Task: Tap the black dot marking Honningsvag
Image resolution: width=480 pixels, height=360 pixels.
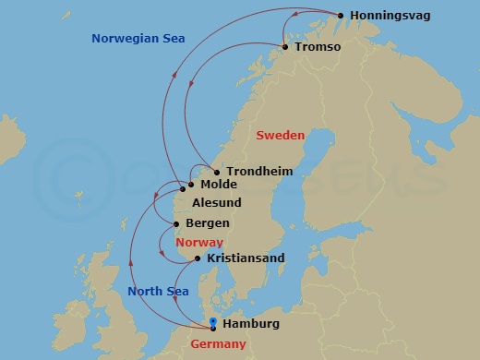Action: click(x=341, y=16)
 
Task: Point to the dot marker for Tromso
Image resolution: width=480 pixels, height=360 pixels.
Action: click(x=284, y=47)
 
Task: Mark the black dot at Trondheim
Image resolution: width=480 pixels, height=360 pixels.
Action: click(x=217, y=173)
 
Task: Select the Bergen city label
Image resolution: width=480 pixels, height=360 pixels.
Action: click(x=209, y=223)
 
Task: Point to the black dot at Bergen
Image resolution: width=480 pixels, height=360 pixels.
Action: click(x=177, y=224)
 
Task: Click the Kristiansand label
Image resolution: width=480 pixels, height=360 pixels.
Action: click(x=246, y=258)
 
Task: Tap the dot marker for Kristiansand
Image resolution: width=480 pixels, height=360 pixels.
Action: click(x=198, y=259)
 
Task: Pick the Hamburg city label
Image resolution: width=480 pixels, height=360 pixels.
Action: click(x=252, y=324)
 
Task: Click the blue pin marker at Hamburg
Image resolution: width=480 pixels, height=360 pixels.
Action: click(x=213, y=323)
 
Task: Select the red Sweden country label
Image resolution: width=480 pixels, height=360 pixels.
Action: click(x=280, y=135)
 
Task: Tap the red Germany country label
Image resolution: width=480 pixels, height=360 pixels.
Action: click(x=218, y=344)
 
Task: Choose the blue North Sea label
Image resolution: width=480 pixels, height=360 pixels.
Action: click(x=158, y=292)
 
